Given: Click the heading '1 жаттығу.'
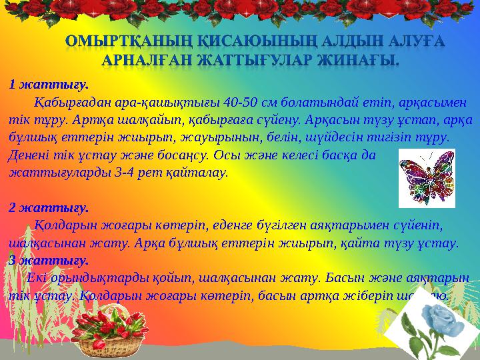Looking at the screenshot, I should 48,85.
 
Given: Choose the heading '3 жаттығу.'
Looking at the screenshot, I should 48,260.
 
